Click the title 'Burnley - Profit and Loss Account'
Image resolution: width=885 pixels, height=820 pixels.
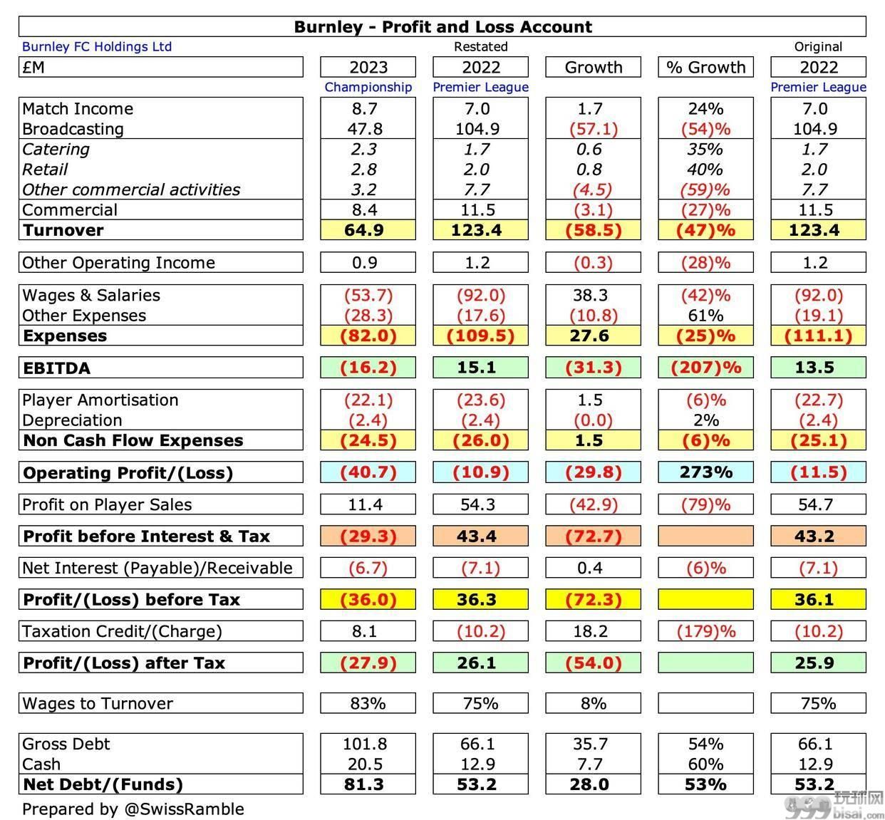coord(442,27)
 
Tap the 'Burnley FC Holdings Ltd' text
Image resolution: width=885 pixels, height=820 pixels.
coord(97,46)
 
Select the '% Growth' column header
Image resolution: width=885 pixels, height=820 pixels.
coord(705,67)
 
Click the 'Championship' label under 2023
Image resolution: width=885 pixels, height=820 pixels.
coord(368,87)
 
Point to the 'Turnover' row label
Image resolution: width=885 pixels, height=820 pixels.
coord(63,230)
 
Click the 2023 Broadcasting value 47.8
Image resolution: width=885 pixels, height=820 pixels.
coord(365,129)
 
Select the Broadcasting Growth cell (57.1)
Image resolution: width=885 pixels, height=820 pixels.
coord(593,129)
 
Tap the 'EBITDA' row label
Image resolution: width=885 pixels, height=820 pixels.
coord(56,368)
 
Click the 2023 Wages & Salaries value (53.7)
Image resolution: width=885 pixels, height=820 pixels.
coord(368,295)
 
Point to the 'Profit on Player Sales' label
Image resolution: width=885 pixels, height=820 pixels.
coord(107,504)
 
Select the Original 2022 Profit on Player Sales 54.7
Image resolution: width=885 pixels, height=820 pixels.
coord(815,504)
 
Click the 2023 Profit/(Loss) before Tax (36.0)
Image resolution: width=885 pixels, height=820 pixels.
coord(368,599)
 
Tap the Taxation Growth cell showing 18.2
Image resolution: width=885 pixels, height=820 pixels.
coord(590,631)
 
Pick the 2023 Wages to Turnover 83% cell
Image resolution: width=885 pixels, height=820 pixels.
coord(368,703)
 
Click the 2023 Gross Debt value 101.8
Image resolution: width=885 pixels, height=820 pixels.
coord(365,744)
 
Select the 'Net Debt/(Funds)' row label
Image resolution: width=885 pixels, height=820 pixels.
coord(103,784)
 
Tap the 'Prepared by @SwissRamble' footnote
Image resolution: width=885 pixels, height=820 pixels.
coord(133,809)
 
